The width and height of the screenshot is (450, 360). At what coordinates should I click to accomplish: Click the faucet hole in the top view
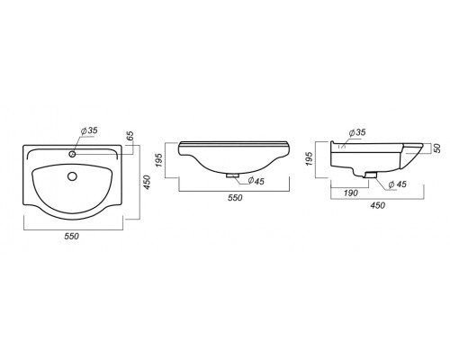(72, 154)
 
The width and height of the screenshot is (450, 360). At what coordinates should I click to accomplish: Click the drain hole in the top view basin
(72, 176)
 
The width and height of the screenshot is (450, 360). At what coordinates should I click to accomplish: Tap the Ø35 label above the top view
(89, 131)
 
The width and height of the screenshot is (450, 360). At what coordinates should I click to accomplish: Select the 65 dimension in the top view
(130, 136)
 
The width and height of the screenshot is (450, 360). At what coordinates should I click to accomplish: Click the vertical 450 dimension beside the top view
(147, 182)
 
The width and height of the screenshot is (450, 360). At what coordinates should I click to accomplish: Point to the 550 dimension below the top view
(72, 236)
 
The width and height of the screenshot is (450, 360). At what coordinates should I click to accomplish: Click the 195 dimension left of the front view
(159, 160)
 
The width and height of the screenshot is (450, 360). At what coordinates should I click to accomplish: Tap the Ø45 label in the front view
(256, 181)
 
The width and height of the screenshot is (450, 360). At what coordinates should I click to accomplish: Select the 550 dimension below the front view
(235, 198)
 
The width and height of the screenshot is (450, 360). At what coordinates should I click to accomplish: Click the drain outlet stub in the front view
(232, 175)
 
